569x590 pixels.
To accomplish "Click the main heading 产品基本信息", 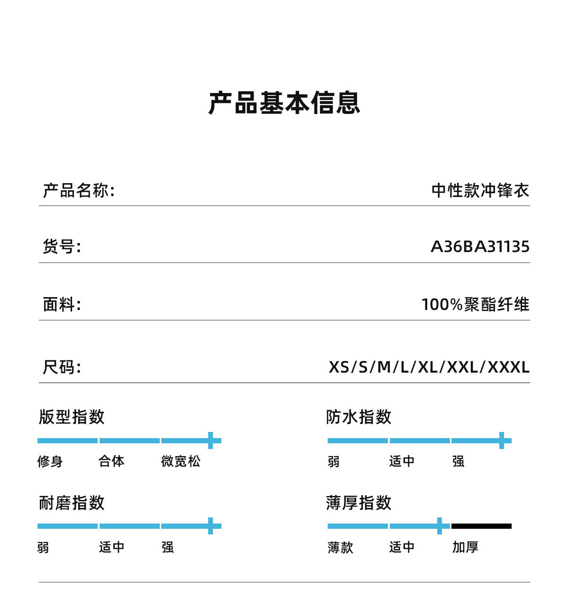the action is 284,103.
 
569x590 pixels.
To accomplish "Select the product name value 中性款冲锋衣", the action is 480,191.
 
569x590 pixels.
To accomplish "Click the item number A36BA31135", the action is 480,247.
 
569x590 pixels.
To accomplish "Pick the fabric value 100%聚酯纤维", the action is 475,304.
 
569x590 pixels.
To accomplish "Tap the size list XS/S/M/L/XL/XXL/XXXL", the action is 429,367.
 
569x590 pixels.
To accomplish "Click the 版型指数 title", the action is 72,417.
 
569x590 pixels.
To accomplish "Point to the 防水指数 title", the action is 359,417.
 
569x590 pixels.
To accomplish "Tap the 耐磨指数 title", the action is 72,503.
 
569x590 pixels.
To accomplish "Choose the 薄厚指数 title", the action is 359,503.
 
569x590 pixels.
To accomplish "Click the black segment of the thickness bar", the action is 481,526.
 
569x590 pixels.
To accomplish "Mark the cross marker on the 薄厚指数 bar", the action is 440,526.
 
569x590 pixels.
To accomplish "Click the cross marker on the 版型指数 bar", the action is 211,440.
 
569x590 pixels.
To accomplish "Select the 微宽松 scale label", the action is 181,461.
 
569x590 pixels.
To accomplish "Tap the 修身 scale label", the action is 50,461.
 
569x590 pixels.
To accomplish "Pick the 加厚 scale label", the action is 465,547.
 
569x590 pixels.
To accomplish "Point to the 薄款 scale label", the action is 340,547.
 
